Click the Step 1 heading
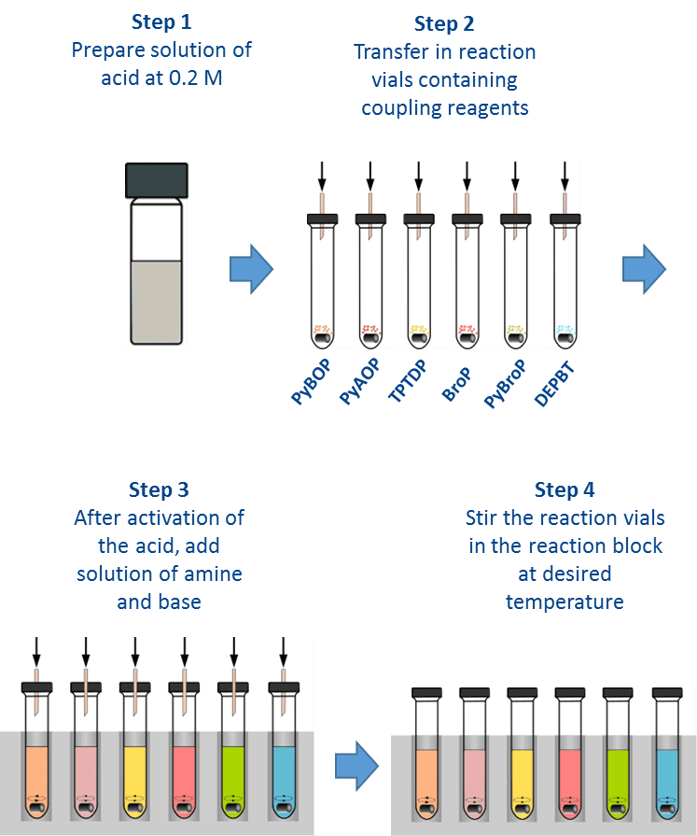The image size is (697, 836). pyautogui.click(x=161, y=21)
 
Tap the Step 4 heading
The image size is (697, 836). pyautogui.click(x=565, y=490)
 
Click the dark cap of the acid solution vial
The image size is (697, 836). pyautogui.click(x=157, y=180)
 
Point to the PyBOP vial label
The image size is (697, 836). pyautogui.click(x=311, y=382)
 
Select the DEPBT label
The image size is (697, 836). pyautogui.click(x=554, y=384)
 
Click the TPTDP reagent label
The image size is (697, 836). pyautogui.click(x=408, y=381)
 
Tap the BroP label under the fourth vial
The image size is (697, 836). pyautogui.click(x=457, y=384)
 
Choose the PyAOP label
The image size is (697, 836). pyautogui.click(x=360, y=381)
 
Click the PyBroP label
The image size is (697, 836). pyautogui.click(x=505, y=384)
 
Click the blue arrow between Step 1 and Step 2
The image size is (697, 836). pyautogui.click(x=251, y=269)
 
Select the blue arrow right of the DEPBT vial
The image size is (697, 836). pyautogui.click(x=645, y=269)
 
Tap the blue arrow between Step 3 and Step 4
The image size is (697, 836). pyautogui.click(x=356, y=766)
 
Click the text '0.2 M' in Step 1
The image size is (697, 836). pyautogui.click(x=195, y=78)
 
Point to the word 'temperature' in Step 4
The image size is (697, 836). pyautogui.click(x=565, y=602)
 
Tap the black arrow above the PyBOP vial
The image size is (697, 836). pyautogui.click(x=322, y=177)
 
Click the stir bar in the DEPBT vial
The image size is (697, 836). pyautogui.click(x=565, y=338)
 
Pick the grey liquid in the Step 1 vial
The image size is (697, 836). pyautogui.click(x=157, y=302)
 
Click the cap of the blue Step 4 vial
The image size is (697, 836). pyautogui.click(x=667, y=693)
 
